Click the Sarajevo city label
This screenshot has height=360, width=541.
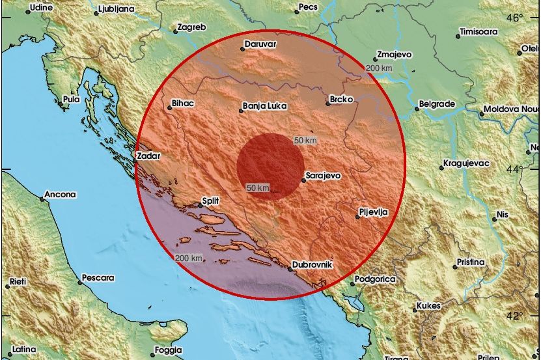[323, 176]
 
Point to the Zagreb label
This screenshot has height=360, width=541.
[192, 27]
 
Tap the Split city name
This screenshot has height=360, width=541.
[210, 202]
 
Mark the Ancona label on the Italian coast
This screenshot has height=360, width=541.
[61, 194]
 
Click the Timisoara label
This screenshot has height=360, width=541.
[479, 31]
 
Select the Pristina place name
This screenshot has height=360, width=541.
[469, 262]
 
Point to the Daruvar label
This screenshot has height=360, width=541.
[260, 46]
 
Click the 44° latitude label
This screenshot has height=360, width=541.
[515, 169]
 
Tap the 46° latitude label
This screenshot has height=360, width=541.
[515, 18]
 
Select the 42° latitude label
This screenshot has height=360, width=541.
[515, 316]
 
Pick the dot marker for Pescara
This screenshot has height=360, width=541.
[79, 279]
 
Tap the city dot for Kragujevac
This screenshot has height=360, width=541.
[441, 167]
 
